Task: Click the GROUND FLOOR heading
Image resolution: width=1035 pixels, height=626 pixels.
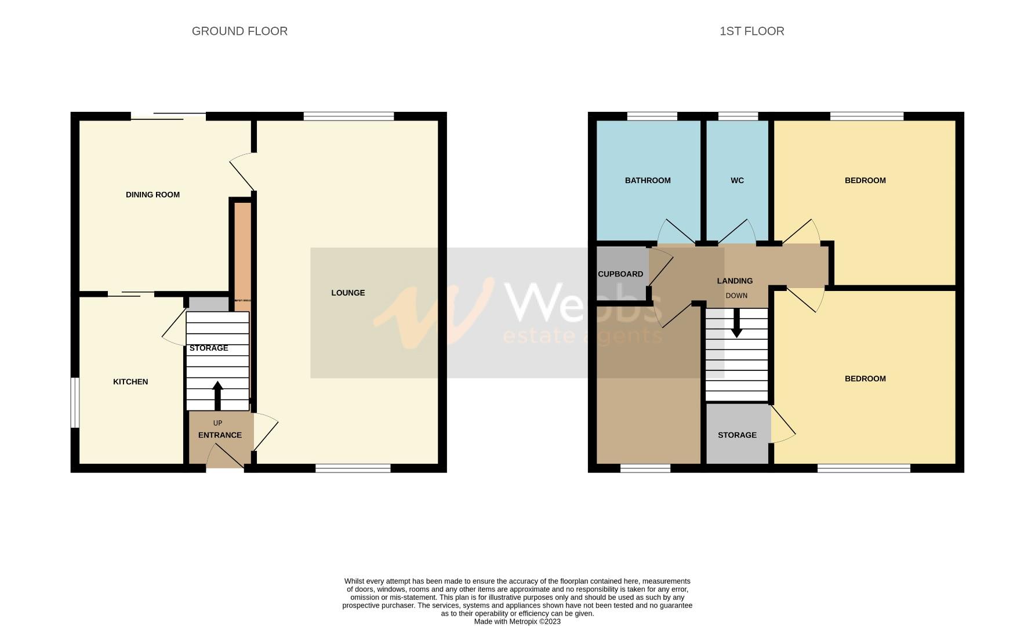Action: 239,31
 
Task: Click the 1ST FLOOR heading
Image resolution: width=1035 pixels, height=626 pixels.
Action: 751,31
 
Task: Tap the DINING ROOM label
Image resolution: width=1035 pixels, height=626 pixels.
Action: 152,195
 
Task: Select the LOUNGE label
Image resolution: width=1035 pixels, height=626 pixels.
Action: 348,293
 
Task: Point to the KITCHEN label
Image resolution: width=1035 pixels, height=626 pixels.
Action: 130,381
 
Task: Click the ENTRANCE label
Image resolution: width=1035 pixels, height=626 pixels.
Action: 220,435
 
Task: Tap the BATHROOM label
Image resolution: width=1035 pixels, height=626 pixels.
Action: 648,180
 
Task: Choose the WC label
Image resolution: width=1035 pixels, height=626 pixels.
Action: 737,180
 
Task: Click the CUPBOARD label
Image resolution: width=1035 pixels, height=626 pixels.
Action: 620,274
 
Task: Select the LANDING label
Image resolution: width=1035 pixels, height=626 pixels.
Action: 735,281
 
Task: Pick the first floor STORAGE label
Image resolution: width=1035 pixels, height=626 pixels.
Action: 737,435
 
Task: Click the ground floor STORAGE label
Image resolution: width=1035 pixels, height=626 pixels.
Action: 209,348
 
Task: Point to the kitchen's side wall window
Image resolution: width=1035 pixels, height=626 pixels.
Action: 75,403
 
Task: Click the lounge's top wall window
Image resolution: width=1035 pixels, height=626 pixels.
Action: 348,117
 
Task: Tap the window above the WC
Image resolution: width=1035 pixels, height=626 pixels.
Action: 738,117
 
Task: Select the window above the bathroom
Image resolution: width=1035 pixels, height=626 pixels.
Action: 652,117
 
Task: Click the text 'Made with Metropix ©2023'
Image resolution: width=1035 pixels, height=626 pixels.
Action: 517,621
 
